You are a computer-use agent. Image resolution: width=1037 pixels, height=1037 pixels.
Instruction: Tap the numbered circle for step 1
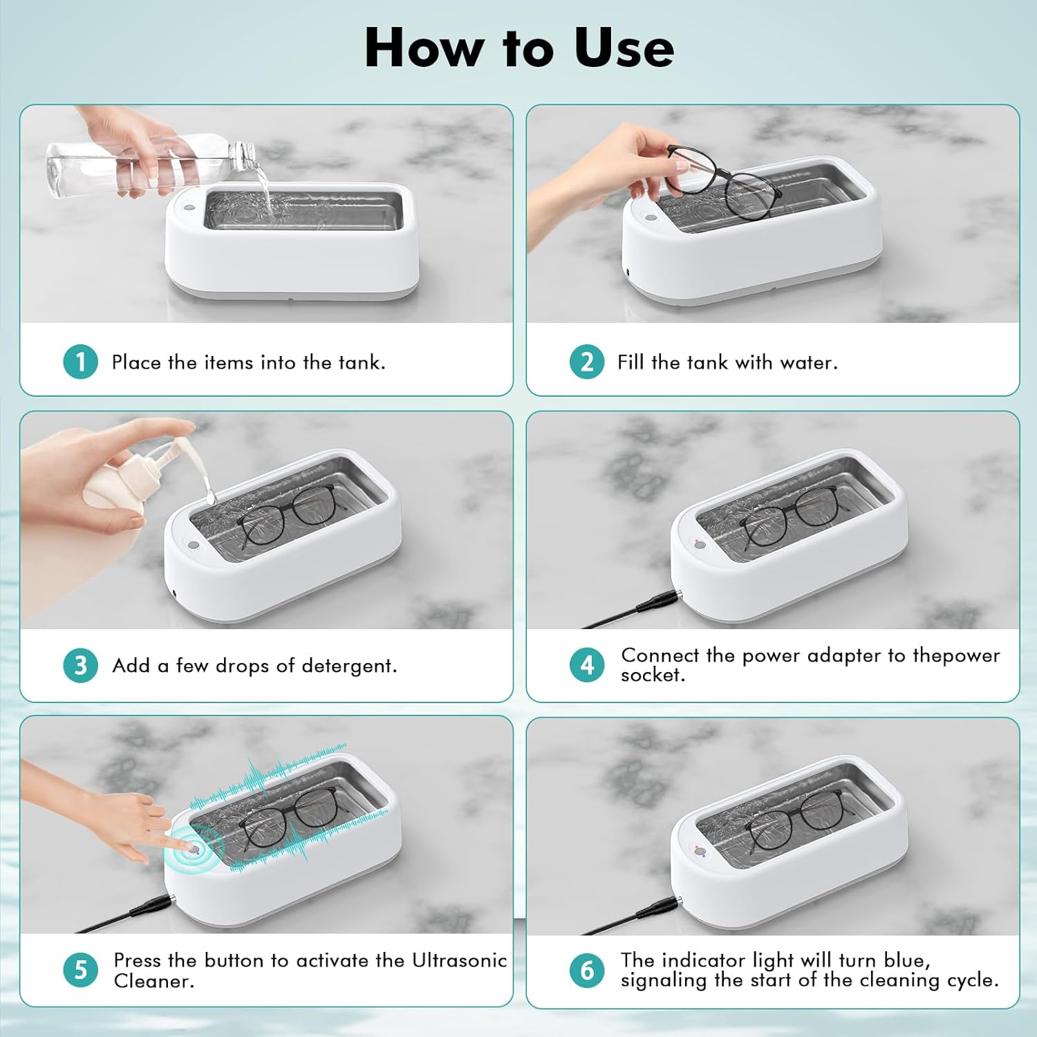coord(80,362)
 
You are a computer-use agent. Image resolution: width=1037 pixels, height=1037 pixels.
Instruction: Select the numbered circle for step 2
coord(587,362)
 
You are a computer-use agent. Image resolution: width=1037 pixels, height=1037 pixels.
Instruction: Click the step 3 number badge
coord(80,665)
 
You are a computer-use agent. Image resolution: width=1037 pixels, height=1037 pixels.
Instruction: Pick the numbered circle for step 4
coord(587,665)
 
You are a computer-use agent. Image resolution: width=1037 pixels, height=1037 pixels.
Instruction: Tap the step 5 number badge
coord(80,970)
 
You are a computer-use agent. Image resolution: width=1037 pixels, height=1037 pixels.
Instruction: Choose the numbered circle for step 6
coord(587,970)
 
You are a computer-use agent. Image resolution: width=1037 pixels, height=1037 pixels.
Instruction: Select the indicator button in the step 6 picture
coord(700,852)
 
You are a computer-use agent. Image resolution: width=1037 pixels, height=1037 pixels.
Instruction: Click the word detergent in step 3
coord(349,666)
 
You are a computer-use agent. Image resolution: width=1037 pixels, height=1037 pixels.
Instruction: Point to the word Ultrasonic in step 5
coord(459,960)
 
